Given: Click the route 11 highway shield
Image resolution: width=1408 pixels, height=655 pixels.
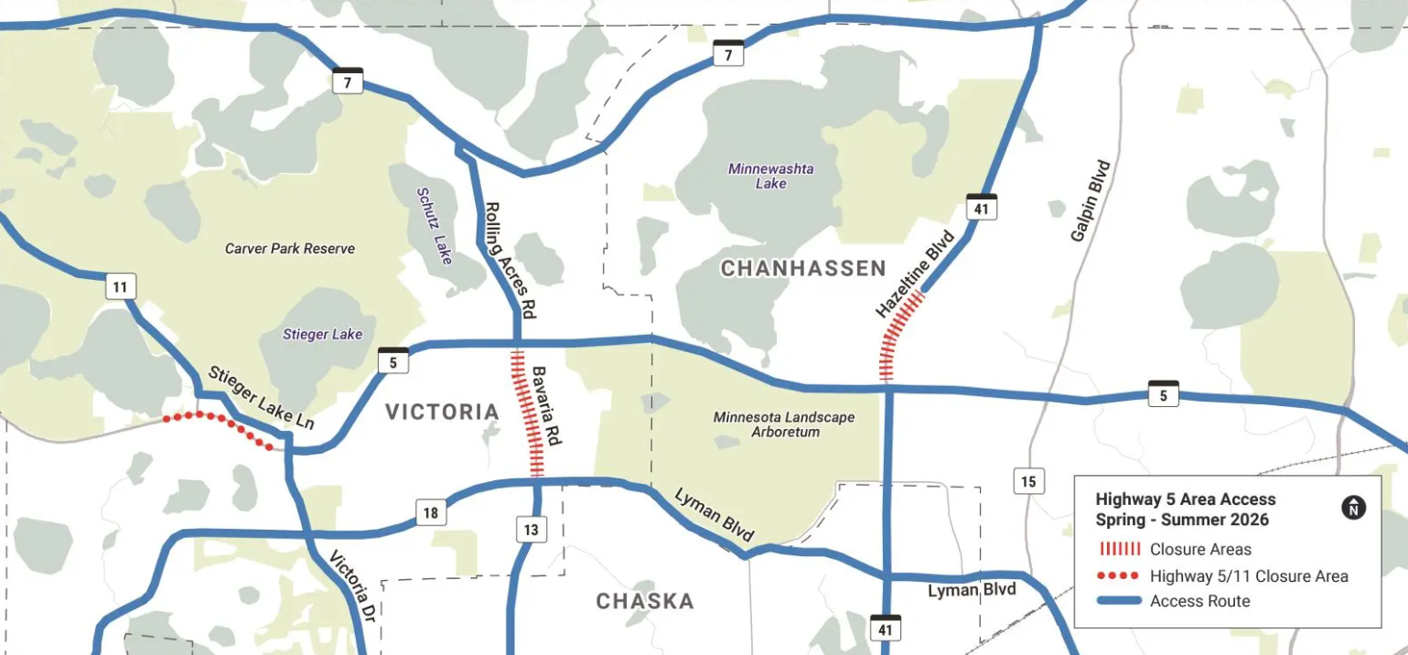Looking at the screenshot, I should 120,286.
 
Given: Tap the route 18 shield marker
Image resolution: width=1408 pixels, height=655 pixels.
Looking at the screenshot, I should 430,512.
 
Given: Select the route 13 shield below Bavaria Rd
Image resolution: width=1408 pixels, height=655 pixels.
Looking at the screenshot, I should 531,529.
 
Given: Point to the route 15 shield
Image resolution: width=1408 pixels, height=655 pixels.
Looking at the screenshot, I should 1028,480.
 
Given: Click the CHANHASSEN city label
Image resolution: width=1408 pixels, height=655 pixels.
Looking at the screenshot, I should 802,268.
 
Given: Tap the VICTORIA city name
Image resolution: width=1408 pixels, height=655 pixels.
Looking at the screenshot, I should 442,412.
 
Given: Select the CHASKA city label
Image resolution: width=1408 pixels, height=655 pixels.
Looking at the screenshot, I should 645,601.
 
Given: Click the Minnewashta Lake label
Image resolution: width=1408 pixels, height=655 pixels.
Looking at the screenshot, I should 770,176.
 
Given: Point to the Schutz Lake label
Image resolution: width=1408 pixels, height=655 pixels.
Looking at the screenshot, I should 435,226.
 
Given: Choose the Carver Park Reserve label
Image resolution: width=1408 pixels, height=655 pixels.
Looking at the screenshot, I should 289,249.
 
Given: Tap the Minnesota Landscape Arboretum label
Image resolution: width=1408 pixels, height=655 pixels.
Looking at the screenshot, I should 784,424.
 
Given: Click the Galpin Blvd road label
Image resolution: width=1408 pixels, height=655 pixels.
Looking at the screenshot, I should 1090,201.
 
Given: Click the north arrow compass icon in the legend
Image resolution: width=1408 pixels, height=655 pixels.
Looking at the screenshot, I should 1353,508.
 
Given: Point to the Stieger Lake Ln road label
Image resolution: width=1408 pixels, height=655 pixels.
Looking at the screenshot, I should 261,398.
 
